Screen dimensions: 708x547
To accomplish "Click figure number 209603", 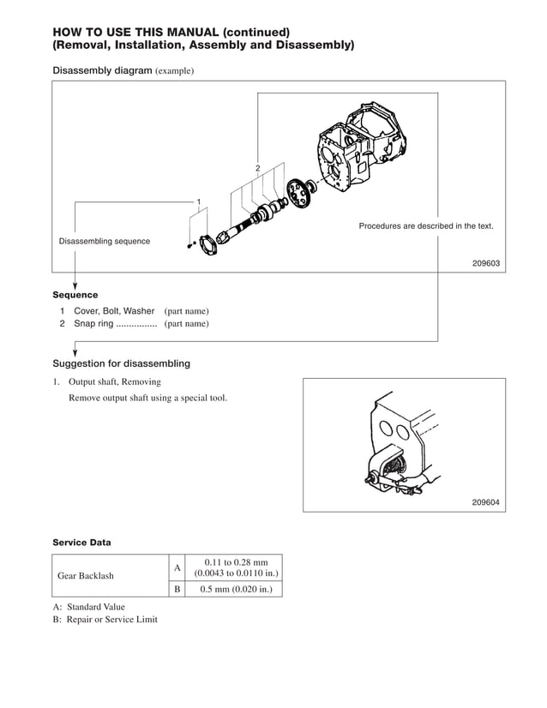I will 485,264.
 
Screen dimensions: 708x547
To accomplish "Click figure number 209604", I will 485,502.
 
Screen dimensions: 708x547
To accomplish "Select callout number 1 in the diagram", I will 198,202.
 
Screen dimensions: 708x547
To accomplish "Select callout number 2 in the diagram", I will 257,168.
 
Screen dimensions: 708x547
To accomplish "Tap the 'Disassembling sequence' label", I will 104,242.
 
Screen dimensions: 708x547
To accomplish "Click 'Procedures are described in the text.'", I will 425,226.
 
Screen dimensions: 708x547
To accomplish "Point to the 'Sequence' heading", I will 75,295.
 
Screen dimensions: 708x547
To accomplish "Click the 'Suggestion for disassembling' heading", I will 122,363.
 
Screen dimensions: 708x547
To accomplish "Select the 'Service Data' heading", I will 81,543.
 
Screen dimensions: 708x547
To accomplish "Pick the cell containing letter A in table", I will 177,567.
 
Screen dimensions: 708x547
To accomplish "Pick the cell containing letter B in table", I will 177,589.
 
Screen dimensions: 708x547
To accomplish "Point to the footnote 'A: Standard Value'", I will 89,607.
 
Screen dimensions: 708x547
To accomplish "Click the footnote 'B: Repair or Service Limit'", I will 105,620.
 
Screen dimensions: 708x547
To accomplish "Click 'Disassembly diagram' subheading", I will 103,69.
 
